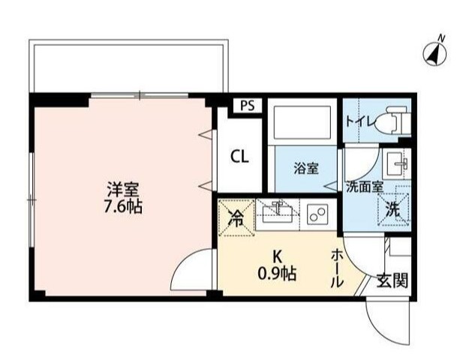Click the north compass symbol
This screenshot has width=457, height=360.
tap(434, 52)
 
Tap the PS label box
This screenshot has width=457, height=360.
tap(247, 106)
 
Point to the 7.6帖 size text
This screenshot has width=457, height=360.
tap(122, 206)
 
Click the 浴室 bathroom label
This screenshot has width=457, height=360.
tap(306, 169)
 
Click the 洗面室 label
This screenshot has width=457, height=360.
tap(365, 187)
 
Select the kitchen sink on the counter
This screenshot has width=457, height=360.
tap(278, 213)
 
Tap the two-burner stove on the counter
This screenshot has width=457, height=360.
tap(317, 214)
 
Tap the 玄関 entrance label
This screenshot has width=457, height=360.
tap(392, 281)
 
